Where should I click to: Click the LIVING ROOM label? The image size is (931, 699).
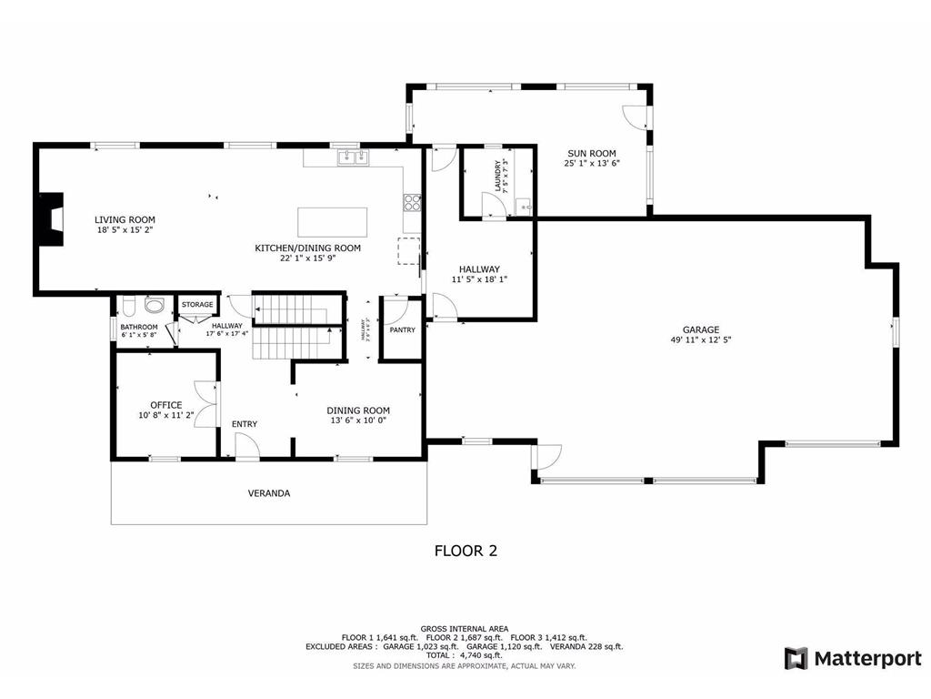[x=125, y=219]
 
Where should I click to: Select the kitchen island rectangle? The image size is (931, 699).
[x=333, y=221]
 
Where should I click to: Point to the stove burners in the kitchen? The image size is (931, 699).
[x=412, y=202]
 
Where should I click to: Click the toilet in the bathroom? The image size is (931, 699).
[x=128, y=305]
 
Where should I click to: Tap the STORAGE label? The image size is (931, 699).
[x=197, y=304]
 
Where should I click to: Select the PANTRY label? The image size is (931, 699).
[x=402, y=329]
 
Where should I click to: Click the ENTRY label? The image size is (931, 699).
[x=244, y=424]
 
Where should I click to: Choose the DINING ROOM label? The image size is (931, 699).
[x=358, y=410]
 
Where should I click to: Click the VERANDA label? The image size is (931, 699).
[x=269, y=493]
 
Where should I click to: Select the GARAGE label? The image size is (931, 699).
[x=701, y=329]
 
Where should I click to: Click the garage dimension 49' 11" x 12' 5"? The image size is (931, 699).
[x=701, y=340]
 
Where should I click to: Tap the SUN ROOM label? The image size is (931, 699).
[x=592, y=153]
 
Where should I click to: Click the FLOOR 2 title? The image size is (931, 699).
[x=465, y=551]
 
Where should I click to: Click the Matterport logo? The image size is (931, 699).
[x=853, y=658]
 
